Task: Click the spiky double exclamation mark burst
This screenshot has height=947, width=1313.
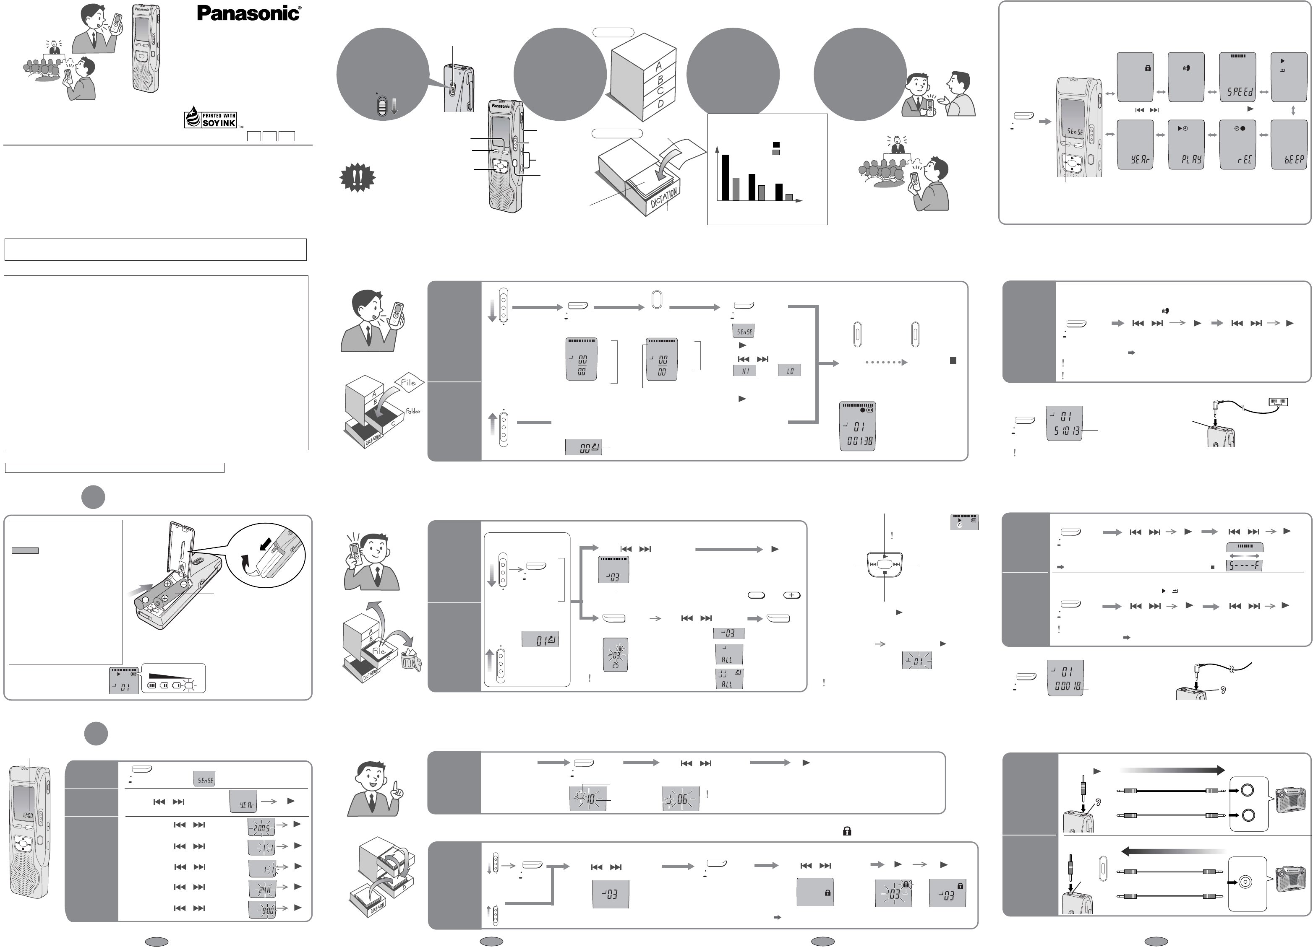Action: pos(357,179)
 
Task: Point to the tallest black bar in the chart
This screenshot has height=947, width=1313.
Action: pos(725,177)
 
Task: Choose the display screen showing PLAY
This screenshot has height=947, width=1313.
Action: pos(1186,145)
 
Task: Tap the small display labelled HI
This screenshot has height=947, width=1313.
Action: pos(744,371)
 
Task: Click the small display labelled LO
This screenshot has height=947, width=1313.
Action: pos(790,371)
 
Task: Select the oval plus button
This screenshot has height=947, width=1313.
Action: pos(791,595)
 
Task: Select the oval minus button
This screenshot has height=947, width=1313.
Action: pos(756,595)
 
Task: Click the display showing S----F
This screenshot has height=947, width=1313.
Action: pos(1245,565)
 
